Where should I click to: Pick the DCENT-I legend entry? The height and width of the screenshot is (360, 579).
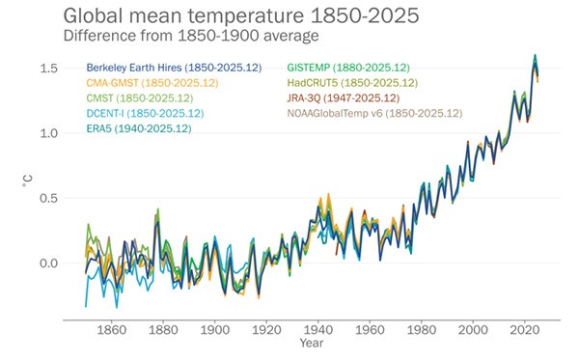click(144, 113)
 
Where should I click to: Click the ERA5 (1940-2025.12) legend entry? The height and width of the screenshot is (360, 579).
click(140, 128)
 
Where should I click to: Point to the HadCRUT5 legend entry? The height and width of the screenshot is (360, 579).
click(353, 83)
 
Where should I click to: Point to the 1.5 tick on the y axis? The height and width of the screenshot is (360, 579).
click(46, 69)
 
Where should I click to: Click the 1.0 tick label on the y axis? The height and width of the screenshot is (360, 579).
click(46, 133)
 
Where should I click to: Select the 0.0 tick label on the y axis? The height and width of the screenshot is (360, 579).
click(46, 263)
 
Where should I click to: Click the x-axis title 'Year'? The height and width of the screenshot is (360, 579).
click(311, 344)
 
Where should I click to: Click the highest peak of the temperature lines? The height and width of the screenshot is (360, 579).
click(535, 56)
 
